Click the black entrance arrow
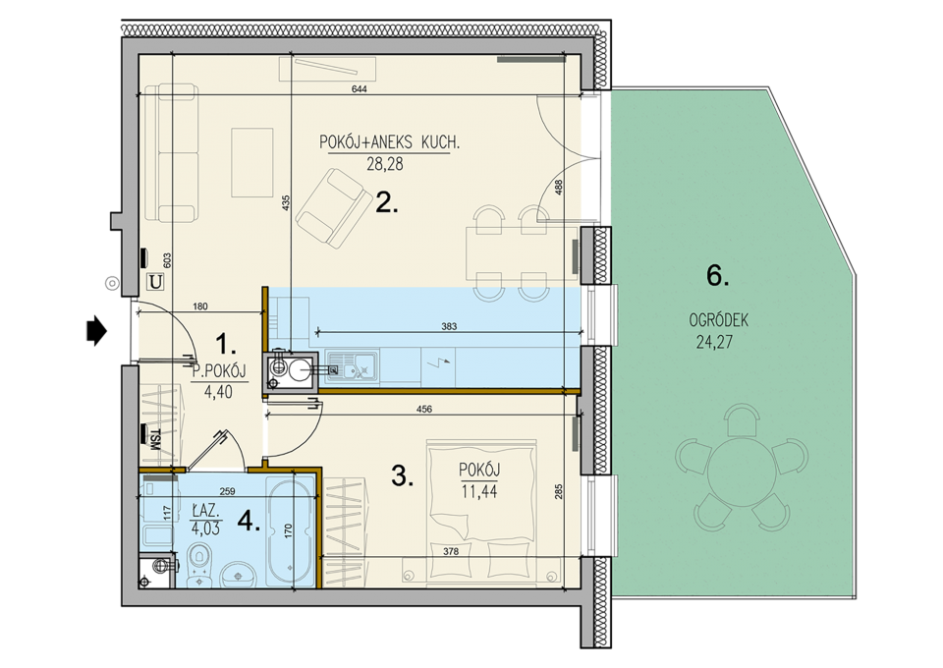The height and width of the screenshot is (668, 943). click(x=96, y=331)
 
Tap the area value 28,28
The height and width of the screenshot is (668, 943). click(x=385, y=163)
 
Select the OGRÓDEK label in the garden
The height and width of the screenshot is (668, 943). click(x=719, y=320)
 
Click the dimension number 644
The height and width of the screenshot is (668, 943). click(x=360, y=89)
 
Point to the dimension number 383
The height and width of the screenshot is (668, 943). click(x=449, y=326)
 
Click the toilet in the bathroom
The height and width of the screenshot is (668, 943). click(x=198, y=564)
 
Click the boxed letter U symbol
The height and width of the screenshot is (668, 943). click(x=156, y=281)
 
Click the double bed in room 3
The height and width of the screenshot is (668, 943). click(x=481, y=512)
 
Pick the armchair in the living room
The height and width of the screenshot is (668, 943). click(x=334, y=208)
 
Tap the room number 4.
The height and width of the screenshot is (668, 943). click(x=249, y=522)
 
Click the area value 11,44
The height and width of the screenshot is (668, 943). click(x=479, y=492)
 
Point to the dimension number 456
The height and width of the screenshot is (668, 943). click(x=424, y=410)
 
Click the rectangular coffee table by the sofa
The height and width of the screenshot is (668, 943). click(x=252, y=162)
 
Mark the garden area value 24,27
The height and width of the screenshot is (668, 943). click(x=714, y=342)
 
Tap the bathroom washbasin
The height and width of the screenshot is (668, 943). click(x=238, y=575)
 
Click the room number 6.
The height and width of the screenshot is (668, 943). click(x=717, y=276)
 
